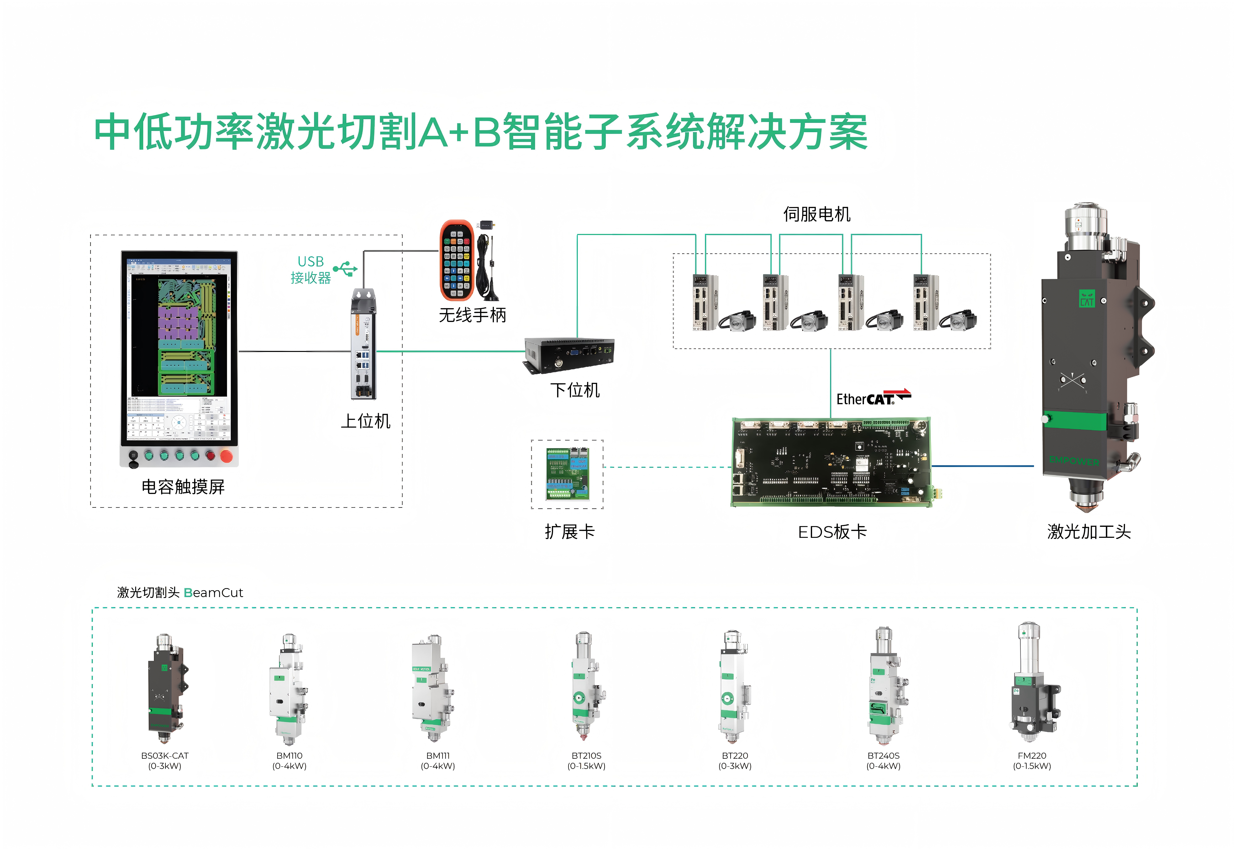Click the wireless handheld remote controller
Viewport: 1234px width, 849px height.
(x=456, y=261)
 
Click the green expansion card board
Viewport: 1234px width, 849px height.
(x=567, y=474)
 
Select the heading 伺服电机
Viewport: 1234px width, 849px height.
(x=817, y=214)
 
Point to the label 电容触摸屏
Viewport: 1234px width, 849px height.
(x=183, y=487)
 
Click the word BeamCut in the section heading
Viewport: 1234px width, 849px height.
(x=213, y=593)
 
